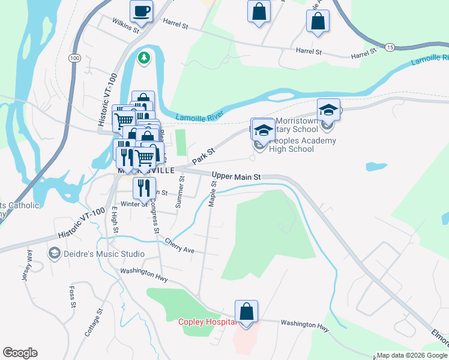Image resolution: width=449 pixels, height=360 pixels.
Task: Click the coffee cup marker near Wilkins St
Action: tap(141, 11)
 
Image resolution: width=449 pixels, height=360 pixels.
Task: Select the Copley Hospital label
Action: tap(205, 322)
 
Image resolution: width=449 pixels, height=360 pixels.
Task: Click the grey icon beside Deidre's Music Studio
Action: tap(55, 254)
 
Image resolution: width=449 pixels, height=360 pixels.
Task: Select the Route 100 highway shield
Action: tap(74, 58)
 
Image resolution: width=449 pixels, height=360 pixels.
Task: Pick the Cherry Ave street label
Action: tap(180, 245)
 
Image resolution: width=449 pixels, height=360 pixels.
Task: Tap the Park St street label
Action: tap(203, 157)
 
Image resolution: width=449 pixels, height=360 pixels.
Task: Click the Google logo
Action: tap(20, 353)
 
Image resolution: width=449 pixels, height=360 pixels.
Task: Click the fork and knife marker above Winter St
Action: tap(144, 188)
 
